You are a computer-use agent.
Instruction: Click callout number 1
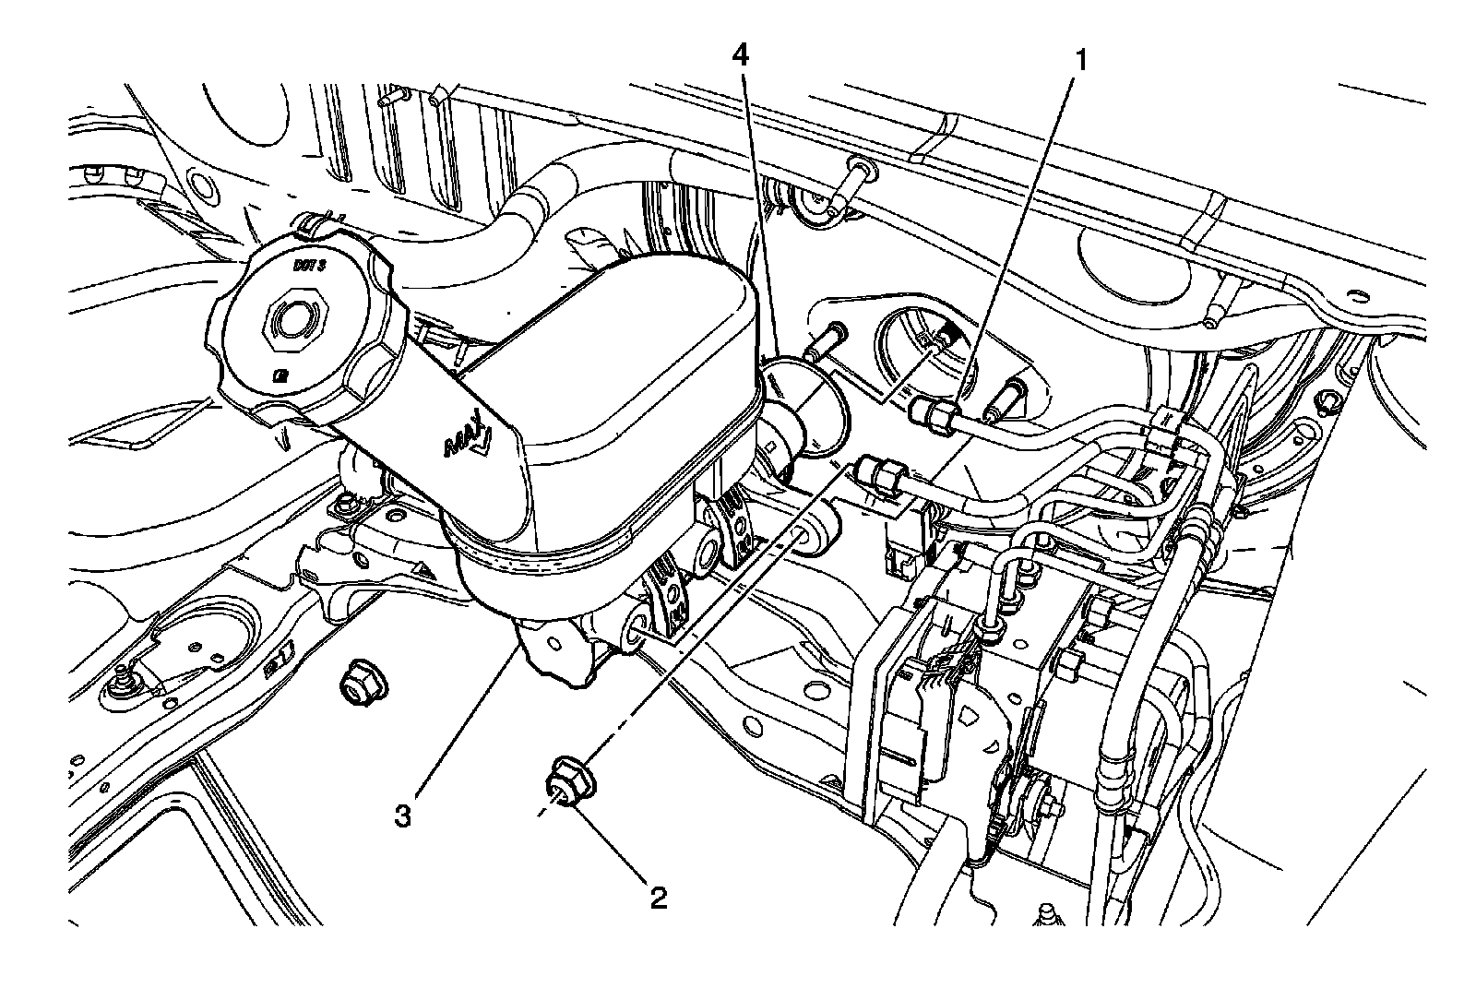[1077, 62]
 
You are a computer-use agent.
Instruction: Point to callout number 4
[740, 55]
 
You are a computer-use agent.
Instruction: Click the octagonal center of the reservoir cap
[294, 322]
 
